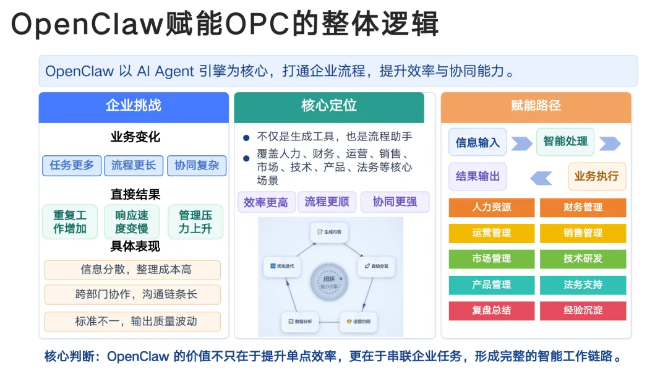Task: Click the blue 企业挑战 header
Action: (134, 106)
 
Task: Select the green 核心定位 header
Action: (329, 106)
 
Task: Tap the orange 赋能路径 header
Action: (536, 106)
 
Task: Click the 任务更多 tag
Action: (72, 165)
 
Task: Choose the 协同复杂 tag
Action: (197, 165)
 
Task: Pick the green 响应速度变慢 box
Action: (132, 222)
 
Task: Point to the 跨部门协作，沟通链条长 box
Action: (132, 294)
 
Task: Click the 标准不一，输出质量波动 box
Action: (132, 321)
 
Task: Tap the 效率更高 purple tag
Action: (266, 202)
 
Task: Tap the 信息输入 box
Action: (477, 142)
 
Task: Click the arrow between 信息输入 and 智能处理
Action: (521, 143)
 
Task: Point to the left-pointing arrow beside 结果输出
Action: (541, 178)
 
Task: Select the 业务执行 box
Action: (596, 176)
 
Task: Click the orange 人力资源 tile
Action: (492, 207)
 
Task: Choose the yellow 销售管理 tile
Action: (583, 233)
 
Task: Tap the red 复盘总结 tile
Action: (492, 310)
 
